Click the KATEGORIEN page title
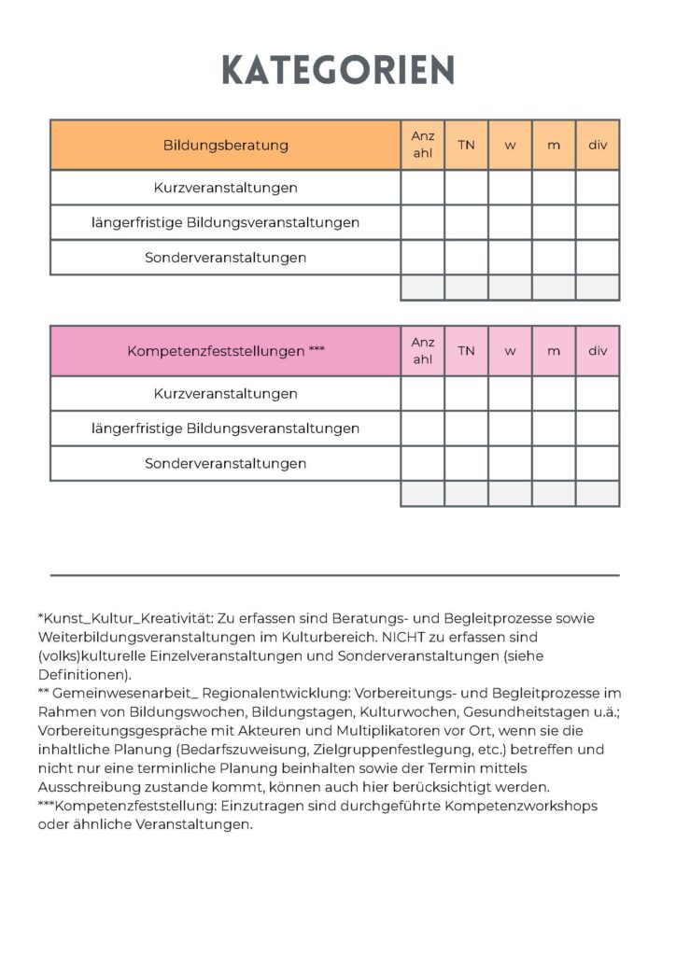click(x=338, y=70)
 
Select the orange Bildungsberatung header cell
click(x=225, y=145)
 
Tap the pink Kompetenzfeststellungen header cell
click(x=225, y=351)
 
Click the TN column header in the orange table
click(x=466, y=145)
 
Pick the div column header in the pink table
click(x=598, y=351)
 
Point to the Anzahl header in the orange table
click(x=423, y=145)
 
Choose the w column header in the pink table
click(x=510, y=351)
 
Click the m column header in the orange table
click(x=554, y=145)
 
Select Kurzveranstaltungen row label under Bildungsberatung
click(x=225, y=188)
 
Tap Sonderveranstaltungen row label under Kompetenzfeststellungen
click(x=225, y=464)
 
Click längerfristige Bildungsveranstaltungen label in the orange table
click(x=225, y=223)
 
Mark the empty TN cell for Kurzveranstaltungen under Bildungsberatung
click(x=466, y=188)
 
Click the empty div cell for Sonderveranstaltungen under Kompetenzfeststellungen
click(x=598, y=464)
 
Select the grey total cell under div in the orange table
click(x=598, y=288)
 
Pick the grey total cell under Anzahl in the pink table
click(x=423, y=494)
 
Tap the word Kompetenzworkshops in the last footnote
click(x=525, y=806)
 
